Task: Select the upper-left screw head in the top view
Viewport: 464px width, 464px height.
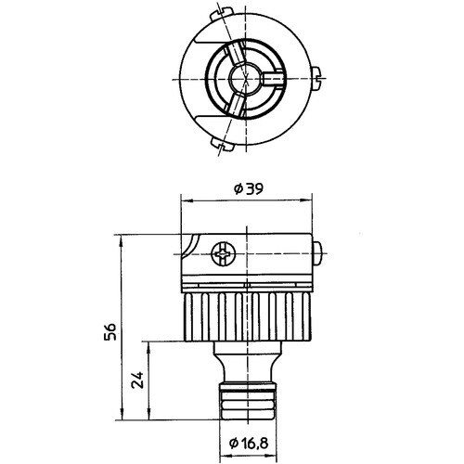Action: (x=219, y=14)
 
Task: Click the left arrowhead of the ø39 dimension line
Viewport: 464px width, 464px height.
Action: (x=184, y=199)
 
